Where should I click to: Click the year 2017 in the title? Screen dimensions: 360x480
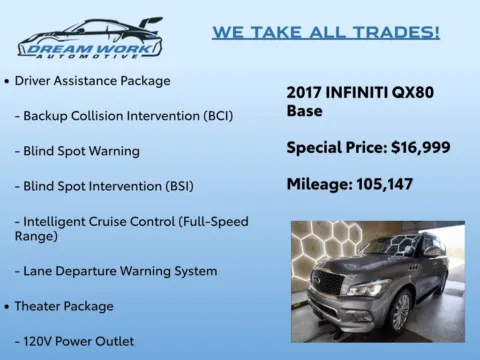[306, 92]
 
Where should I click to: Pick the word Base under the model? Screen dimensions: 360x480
[305, 111]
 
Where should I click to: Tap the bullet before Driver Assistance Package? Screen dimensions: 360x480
[8, 80]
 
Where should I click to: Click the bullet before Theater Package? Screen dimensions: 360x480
[8, 306]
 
